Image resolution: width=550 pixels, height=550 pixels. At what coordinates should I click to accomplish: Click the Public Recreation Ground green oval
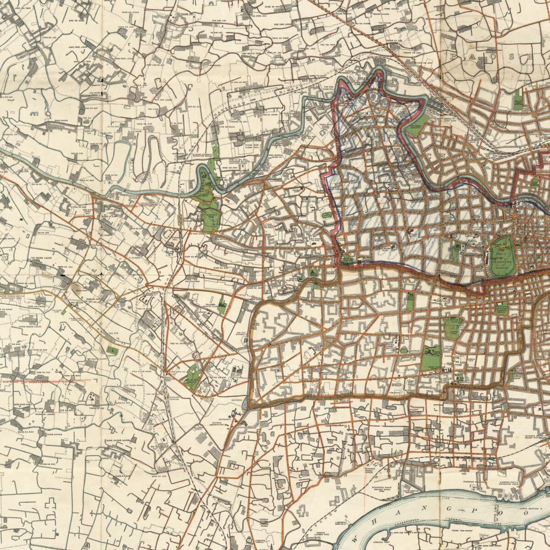coord(503,256)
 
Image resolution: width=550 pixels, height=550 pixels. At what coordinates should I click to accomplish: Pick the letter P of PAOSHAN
coord(455,57)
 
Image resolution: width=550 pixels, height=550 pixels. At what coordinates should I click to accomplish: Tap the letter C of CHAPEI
coord(430,156)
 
